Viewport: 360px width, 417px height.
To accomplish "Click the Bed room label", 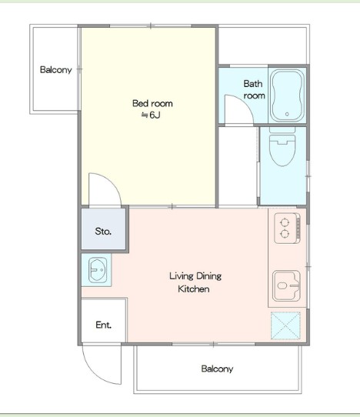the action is (152, 103).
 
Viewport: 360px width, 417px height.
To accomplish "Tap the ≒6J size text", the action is (151, 115).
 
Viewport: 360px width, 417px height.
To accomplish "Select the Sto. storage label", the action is (103, 231).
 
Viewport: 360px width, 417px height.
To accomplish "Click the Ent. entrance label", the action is (103, 325).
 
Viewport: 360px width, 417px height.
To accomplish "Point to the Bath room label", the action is (254, 89).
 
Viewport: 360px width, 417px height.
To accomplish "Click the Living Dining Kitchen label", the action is (195, 282).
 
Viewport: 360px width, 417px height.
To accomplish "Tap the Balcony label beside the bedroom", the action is (56, 70).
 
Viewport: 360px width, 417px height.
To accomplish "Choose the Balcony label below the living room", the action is (217, 369).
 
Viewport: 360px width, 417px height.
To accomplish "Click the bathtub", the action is (287, 95).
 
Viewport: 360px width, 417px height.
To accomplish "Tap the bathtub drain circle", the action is (287, 114).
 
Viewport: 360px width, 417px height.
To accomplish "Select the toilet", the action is (282, 147).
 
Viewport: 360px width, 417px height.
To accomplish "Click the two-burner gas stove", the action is (288, 229).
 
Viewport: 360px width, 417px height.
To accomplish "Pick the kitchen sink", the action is (287, 286).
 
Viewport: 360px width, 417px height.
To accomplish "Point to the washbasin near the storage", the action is (98, 270).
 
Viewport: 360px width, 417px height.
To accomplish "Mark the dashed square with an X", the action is (285, 325).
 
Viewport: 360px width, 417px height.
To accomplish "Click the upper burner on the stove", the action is (285, 222).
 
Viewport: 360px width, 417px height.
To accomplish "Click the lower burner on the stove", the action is (285, 234).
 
